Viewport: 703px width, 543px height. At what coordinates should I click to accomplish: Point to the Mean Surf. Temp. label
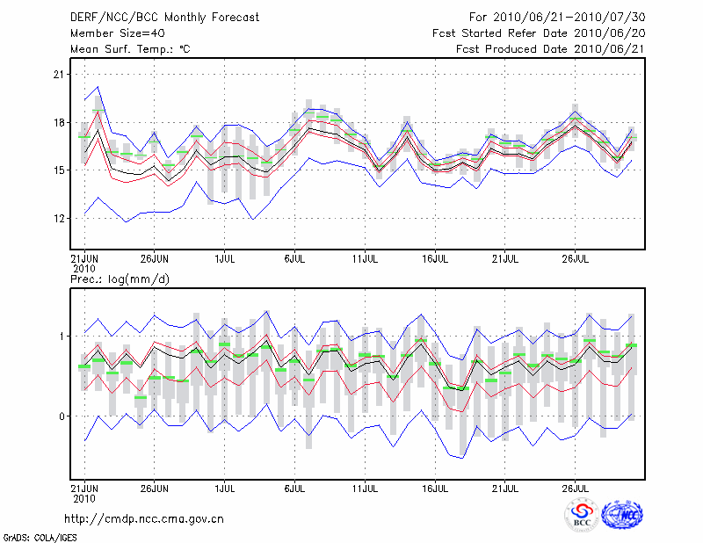pyautogui.click(x=130, y=49)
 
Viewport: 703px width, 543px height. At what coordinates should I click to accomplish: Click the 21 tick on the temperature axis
pyautogui.click(x=60, y=75)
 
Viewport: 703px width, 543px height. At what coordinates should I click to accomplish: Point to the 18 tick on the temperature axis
pyautogui.click(x=60, y=122)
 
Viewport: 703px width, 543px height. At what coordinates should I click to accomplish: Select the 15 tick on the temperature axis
pyautogui.click(x=60, y=170)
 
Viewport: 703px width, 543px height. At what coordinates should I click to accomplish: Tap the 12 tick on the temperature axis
pyautogui.click(x=60, y=218)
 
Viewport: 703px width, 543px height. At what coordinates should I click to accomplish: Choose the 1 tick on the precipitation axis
pyautogui.click(x=62, y=336)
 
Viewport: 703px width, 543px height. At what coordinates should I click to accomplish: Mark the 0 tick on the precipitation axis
pyautogui.click(x=62, y=416)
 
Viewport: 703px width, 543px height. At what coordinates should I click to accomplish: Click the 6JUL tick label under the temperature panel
pyautogui.click(x=294, y=258)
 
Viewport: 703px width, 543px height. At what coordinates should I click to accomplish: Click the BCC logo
pyautogui.click(x=582, y=515)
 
